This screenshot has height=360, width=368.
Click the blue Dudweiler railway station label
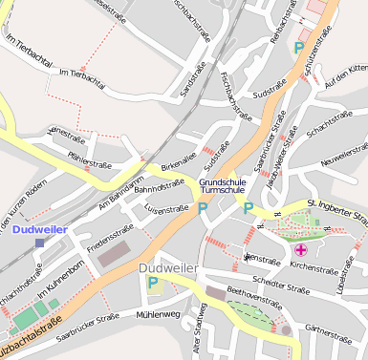(40, 229)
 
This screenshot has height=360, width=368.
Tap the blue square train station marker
(39, 244)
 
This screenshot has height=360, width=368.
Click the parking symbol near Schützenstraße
(300, 46)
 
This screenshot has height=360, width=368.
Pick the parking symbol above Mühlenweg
(152, 283)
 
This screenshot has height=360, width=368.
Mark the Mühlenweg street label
(158, 314)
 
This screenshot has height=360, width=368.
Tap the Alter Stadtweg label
(200, 329)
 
